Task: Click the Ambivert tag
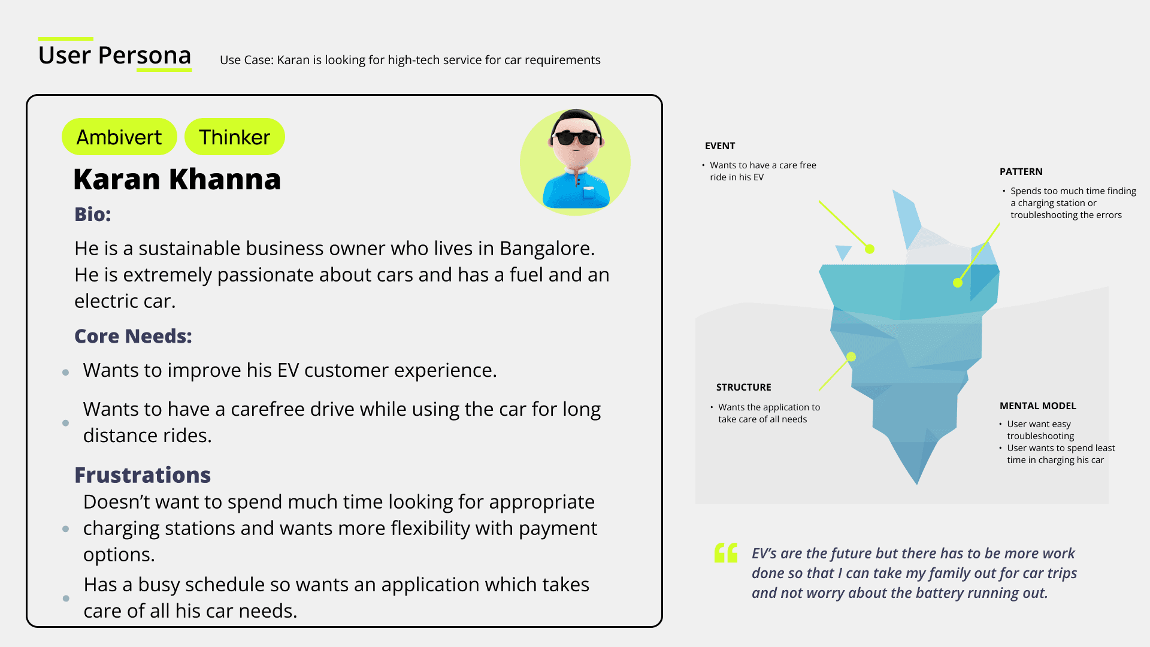coord(119,137)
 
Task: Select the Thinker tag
coord(235,137)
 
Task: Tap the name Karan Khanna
coord(177,179)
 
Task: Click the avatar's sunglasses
coord(576,138)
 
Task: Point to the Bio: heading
coord(93,214)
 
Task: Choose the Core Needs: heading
coord(133,336)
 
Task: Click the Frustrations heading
coord(143,475)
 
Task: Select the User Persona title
coord(115,55)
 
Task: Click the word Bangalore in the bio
coord(547,249)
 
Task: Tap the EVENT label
coord(720,146)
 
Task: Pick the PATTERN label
coord(1021,172)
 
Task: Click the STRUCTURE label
coord(744,388)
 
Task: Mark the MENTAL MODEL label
coord(1038,406)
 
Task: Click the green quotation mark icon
coord(726,553)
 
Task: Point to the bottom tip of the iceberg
coord(916,484)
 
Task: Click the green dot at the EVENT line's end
coord(870,249)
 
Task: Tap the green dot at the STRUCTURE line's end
coord(851,357)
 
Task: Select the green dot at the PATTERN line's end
coord(958,283)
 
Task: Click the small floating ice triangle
coord(843,252)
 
